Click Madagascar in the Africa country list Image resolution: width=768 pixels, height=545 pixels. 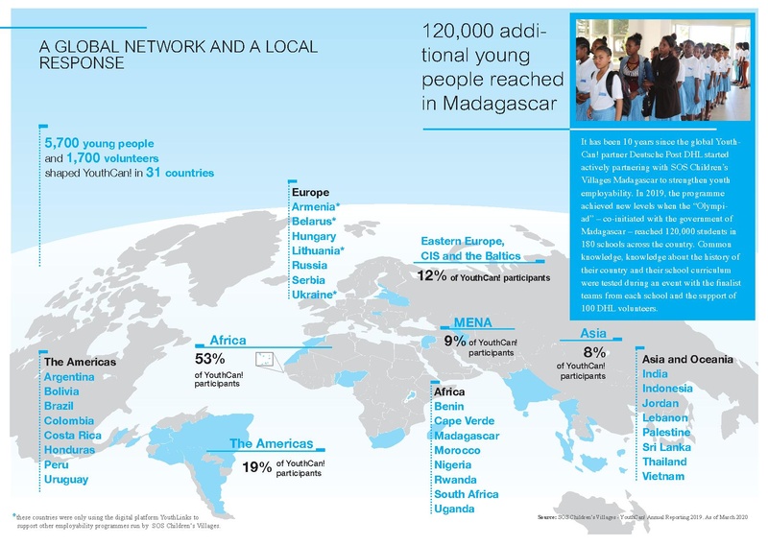(467, 436)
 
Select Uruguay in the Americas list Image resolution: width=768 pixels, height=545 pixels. (66, 479)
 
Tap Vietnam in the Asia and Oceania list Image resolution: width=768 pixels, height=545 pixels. (664, 476)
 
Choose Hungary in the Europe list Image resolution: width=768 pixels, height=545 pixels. (312, 236)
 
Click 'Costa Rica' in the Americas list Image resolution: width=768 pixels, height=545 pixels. (74, 435)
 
